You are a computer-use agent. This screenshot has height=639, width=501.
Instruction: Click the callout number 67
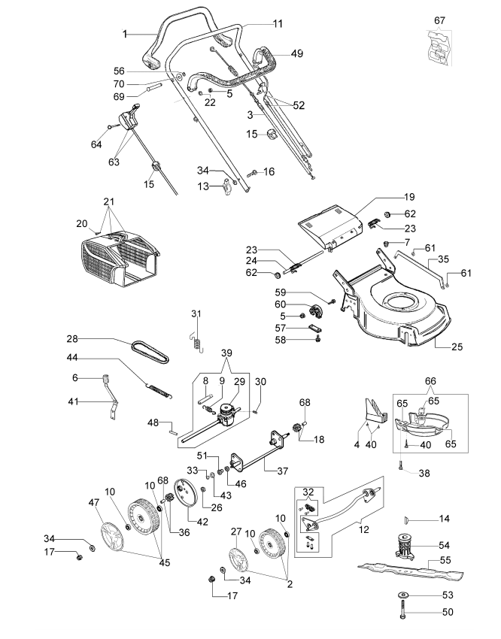(x=439, y=20)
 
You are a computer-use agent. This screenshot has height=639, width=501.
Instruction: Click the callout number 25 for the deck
(x=457, y=347)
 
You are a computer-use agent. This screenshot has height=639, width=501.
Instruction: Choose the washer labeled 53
(x=402, y=595)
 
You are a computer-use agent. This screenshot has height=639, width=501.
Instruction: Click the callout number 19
(x=409, y=197)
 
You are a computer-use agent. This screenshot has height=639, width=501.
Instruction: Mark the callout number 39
(x=226, y=353)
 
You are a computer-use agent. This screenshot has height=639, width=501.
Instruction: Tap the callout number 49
(x=297, y=53)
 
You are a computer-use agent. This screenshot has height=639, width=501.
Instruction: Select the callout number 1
(x=125, y=34)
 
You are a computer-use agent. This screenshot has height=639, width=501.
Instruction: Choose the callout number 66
(x=430, y=381)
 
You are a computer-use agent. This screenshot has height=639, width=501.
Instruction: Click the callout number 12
(x=363, y=529)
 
